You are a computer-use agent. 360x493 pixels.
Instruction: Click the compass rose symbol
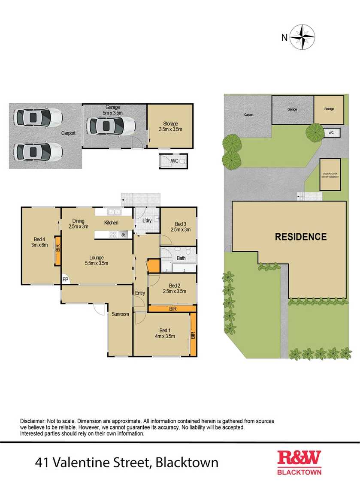click(303, 37)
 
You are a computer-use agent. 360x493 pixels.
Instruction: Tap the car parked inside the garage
click(111, 126)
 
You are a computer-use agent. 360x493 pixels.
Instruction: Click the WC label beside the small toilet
click(175, 161)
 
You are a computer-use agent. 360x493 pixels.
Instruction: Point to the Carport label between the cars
click(68, 133)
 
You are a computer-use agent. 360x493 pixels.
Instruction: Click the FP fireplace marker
click(65, 279)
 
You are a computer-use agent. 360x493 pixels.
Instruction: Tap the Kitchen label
click(111, 223)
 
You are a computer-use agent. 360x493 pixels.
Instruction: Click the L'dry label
click(147, 221)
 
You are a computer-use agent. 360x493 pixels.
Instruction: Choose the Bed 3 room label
click(180, 226)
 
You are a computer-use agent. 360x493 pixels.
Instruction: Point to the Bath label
click(181, 258)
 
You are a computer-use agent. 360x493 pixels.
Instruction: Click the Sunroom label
click(120, 314)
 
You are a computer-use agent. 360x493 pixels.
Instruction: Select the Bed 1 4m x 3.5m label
click(163, 333)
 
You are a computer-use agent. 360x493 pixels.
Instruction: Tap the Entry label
click(140, 293)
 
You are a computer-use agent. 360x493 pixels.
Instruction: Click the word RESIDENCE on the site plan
click(300, 237)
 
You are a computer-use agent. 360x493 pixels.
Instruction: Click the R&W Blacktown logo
click(299, 462)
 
